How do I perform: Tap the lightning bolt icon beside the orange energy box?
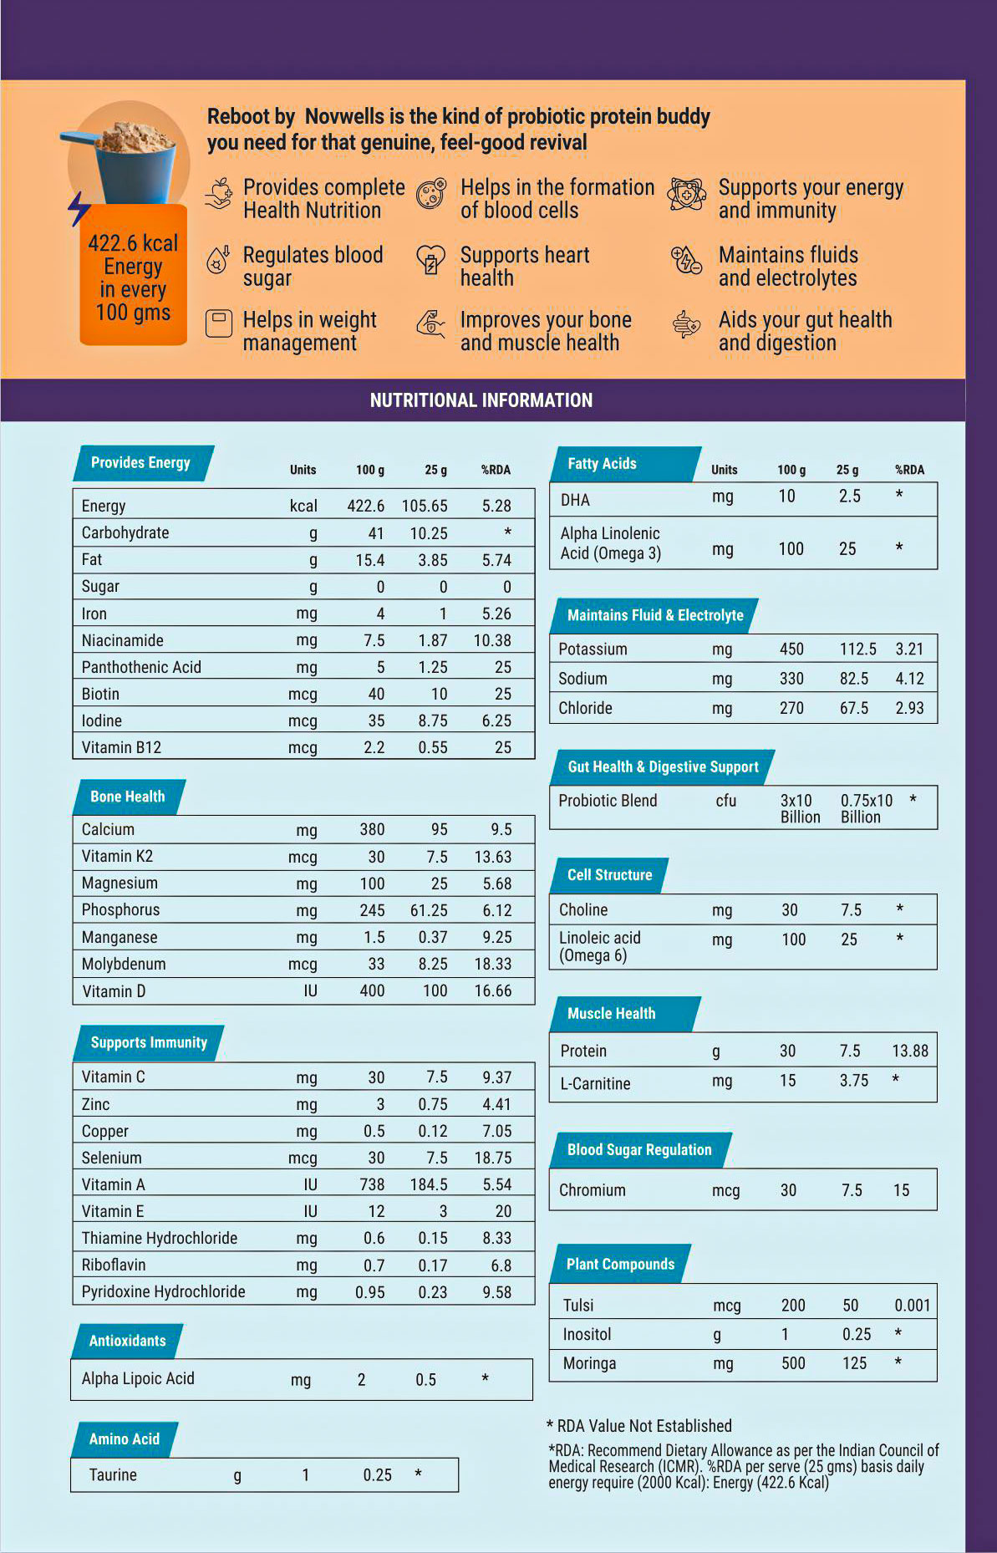79,208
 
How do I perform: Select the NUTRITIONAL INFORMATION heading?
481,400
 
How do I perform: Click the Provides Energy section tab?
140,463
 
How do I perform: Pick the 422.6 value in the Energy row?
366,506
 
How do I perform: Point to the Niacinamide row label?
122,640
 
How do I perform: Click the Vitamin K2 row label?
117,856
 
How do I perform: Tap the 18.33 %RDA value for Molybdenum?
493,964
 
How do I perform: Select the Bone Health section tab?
128,797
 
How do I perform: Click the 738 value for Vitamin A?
372,1184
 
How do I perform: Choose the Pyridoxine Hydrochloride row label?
163,1291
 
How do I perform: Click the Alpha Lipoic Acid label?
138,1378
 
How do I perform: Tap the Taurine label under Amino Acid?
113,1474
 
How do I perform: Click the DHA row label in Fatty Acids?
575,500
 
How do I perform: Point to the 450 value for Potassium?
791,649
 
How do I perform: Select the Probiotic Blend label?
608,801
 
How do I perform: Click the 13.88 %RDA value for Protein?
910,1051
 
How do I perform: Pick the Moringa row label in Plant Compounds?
589,1363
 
